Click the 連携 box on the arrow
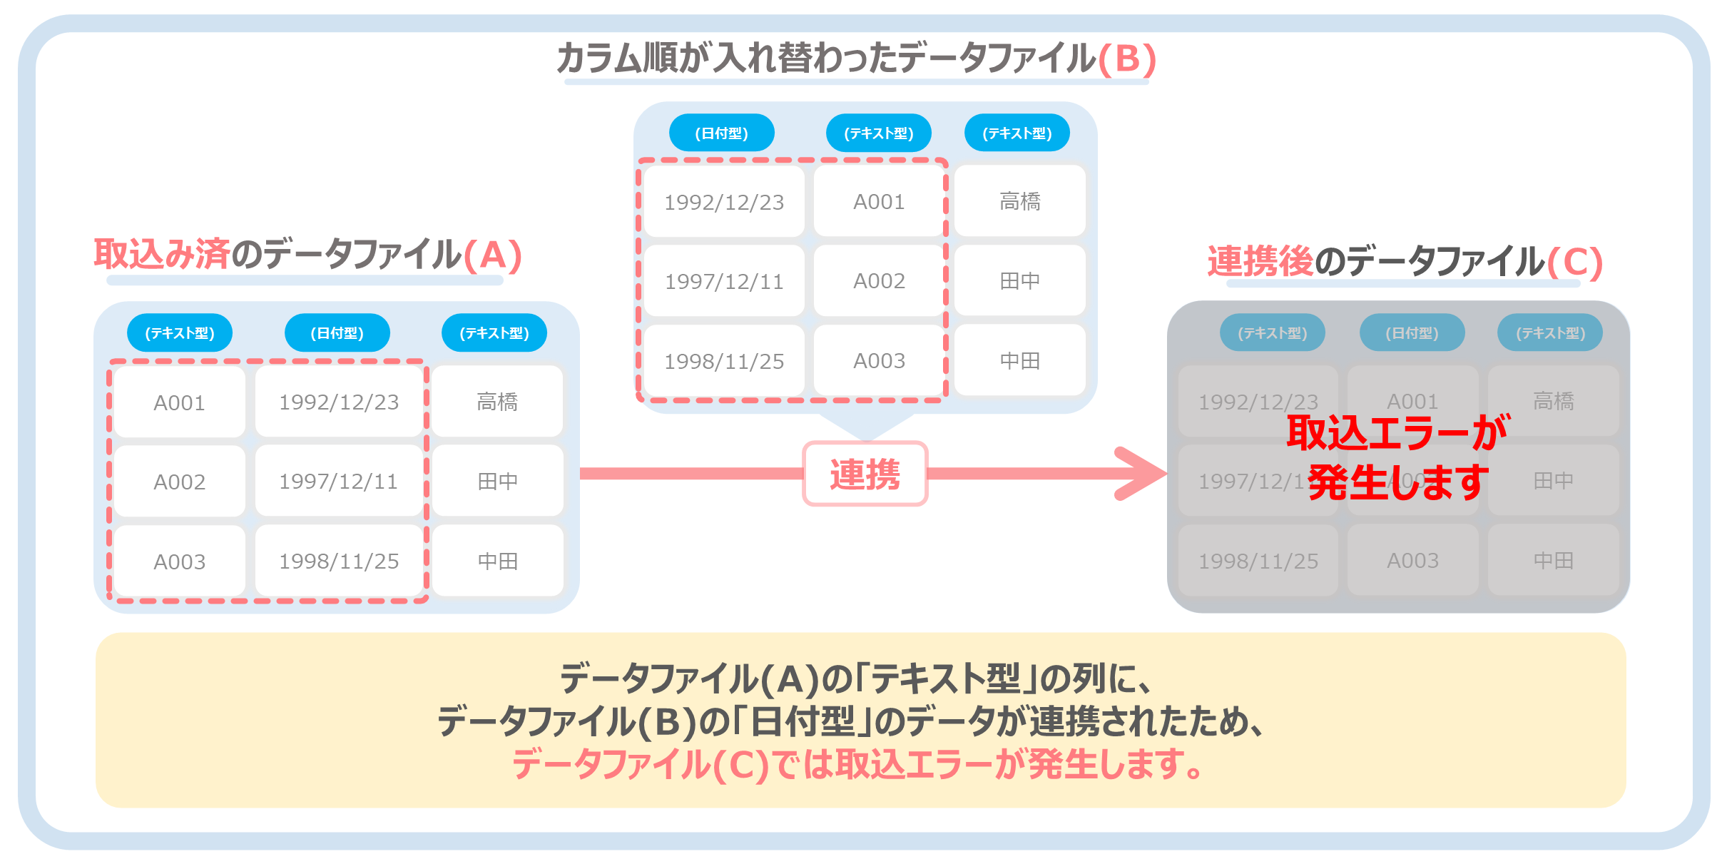pos(865,474)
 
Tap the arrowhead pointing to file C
pos(1141,474)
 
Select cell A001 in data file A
pos(179,402)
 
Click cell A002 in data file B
pos(879,281)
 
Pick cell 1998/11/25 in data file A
pos(339,561)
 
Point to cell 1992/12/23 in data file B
pos(723,202)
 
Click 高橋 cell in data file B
pos(1019,201)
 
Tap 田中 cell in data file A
pos(497,482)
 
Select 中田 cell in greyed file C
pos(1553,561)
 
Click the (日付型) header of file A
pos(337,333)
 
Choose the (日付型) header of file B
pos(721,133)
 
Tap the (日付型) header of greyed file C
pos(1412,333)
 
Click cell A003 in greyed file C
pos(1412,561)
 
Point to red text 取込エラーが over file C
pos(1397,432)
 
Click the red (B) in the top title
pos(1127,59)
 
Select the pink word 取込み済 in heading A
pos(162,254)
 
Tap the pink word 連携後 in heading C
pos(1260,261)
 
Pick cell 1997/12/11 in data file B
pos(723,281)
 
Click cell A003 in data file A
pos(179,562)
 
